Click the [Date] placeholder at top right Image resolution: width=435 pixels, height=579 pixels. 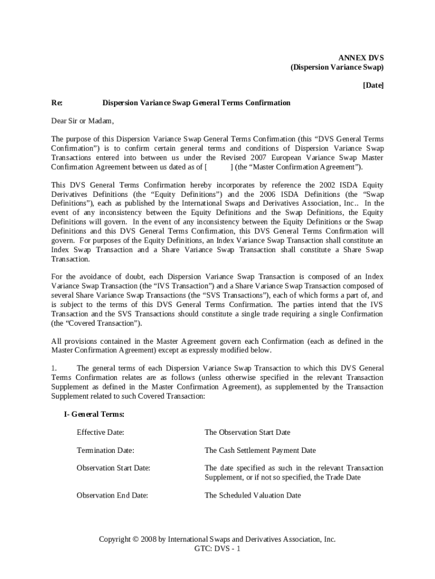coord(372,85)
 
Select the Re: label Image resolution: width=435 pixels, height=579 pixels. coord(57,103)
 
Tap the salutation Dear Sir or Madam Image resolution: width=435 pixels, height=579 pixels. coord(82,121)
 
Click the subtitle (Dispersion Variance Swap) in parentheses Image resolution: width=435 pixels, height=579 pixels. coord(337,67)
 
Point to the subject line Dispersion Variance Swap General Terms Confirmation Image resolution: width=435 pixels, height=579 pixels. coord(196,103)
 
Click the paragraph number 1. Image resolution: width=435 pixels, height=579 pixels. coord(54,369)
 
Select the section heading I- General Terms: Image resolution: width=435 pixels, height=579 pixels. coord(94,414)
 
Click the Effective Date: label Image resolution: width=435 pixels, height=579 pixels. coord(101,432)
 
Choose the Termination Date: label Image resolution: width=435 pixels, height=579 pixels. coord(106,450)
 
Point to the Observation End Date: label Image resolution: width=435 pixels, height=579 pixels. coord(112,495)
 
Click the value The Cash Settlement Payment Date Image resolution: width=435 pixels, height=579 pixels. coord(260,450)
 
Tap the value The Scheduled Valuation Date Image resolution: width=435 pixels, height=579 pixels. coord(253,495)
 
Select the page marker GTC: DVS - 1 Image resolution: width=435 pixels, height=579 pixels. coord(217,549)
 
